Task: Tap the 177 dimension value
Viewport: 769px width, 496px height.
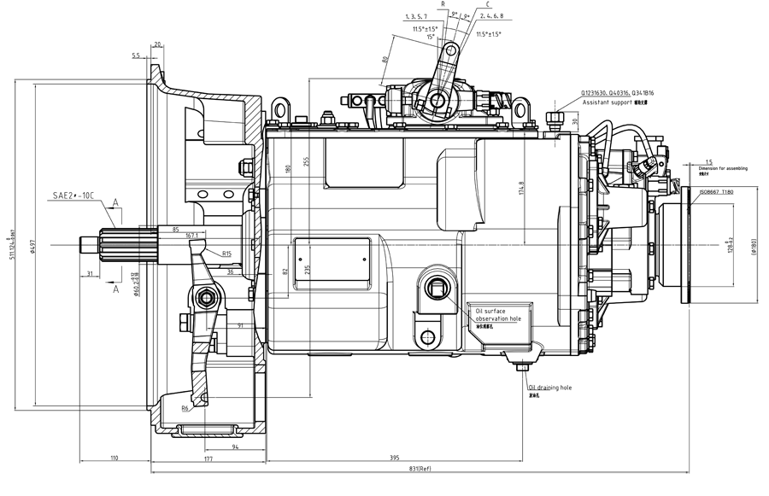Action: click(208, 459)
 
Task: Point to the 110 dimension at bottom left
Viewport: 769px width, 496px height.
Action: click(114, 459)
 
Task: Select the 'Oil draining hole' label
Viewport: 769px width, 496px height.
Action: click(549, 387)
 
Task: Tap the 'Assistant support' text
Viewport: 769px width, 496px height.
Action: click(607, 102)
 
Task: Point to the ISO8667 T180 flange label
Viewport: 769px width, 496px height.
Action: click(716, 192)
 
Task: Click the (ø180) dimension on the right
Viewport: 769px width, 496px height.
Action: click(754, 247)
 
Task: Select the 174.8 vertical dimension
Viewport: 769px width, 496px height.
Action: click(521, 188)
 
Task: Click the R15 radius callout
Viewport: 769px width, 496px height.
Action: click(226, 254)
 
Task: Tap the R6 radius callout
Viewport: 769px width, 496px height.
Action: click(186, 409)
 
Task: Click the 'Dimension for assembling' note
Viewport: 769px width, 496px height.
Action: click(723, 169)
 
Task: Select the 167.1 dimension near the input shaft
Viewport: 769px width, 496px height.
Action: click(191, 236)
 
